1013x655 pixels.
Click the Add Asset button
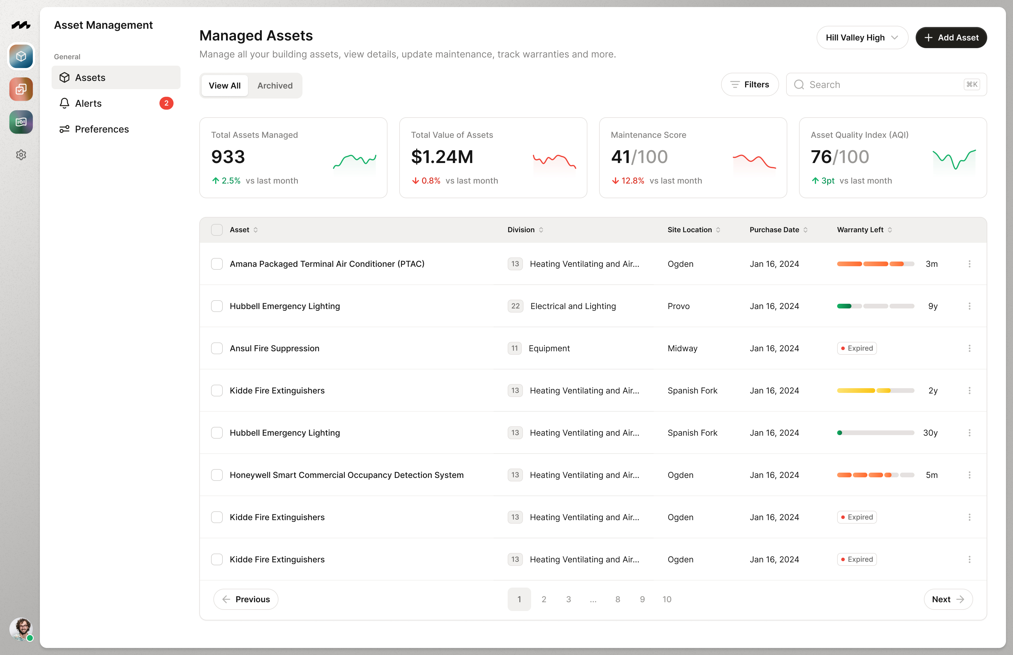(x=951, y=38)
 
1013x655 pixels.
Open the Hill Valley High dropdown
(x=862, y=38)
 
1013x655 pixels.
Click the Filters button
(x=749, y=85)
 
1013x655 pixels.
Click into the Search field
(x=880, y=85)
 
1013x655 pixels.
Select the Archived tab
(x=275, y=86)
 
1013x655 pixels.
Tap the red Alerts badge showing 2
(x=166, y=103)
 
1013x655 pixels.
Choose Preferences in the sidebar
(x=102, y=129)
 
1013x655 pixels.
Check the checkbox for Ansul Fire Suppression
(x=217, y=348)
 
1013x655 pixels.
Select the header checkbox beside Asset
(x=217, y=230)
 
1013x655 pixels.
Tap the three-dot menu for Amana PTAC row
(x=969, y=264)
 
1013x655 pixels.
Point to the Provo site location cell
(x=679, y=306)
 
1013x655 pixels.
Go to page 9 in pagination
(x=642, y=599)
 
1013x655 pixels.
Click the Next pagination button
(x=948, y=599)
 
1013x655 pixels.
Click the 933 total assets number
(x=228, y=157)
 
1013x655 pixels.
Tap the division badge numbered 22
(x=515, y=306)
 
